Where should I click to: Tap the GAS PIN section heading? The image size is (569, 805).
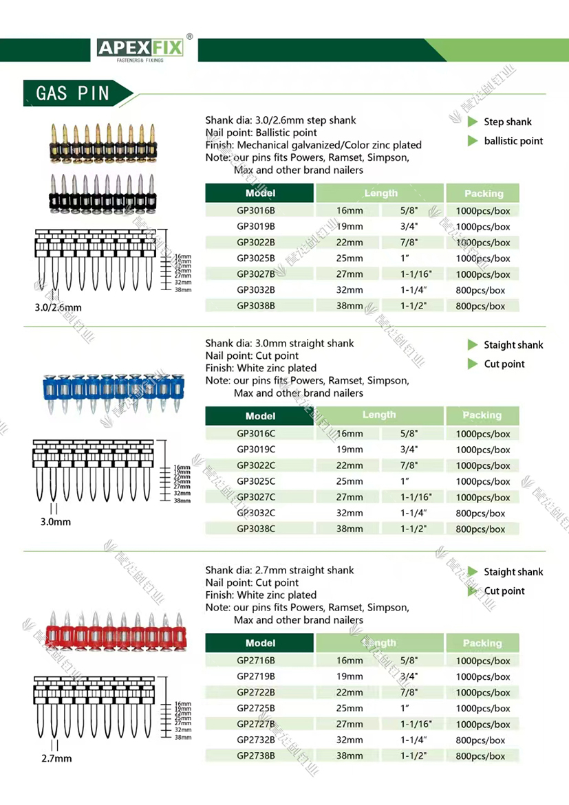click(x=73, y=93)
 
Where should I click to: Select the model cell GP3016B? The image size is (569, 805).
click(x=256, y=210)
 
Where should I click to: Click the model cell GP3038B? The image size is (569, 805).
click(x=256, y=306)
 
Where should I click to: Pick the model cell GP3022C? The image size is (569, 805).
click(x=256, y=465)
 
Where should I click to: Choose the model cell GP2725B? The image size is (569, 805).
click(x=256, y=708)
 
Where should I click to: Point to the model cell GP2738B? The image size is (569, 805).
click(x=256, y=756)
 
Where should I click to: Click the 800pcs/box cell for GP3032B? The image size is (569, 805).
click(x=480, y=290)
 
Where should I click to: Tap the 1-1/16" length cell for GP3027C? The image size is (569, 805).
click(x=416, y=497)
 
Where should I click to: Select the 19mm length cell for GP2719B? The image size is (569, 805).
click(x=350, y=676)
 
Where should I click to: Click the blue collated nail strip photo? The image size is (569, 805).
click(x=105, y=393)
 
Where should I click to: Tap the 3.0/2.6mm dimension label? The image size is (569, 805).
click(x=53, y=307)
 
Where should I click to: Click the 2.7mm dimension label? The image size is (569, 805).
click(x=56, y=758)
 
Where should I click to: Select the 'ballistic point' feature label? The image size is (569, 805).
click(x=513, y=141)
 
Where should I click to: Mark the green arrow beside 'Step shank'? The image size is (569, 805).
click(x=473, y=122)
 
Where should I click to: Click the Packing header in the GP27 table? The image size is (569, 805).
click(x=482, y=643)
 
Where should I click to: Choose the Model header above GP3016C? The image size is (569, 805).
click(x=260, y=416)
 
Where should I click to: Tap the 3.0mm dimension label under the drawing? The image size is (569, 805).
click(x=55, y=522)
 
